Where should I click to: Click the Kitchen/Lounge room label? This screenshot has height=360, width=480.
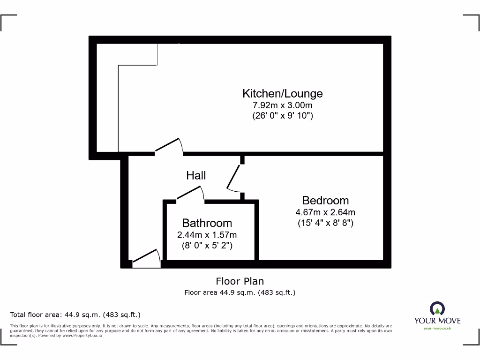tap(282, 93)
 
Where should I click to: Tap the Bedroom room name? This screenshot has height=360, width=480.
tap(325, 201)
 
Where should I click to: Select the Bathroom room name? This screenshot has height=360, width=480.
tap(207, 223)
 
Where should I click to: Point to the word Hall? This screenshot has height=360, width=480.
tap(196, 176)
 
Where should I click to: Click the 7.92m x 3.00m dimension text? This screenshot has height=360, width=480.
tap(282, 105)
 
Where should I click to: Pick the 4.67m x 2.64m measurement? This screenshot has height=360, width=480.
tap(325, 212)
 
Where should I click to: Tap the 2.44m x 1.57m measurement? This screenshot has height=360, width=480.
tap(207, 235)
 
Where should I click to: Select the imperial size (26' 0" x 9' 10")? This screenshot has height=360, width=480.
tap(282, 116)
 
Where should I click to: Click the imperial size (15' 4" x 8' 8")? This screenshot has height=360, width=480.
tap(325, 223)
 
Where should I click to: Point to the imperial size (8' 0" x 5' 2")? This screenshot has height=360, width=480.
tap(207, 245)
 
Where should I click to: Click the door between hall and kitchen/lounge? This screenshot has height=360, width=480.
tap(169, 146)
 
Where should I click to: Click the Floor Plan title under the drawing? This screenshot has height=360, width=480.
tap(240, 281)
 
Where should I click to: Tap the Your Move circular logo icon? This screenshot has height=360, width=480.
tap(437, 308)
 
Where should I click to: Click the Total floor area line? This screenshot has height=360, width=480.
tap(75, 315)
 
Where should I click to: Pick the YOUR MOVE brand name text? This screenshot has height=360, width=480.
tap(437, 321)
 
